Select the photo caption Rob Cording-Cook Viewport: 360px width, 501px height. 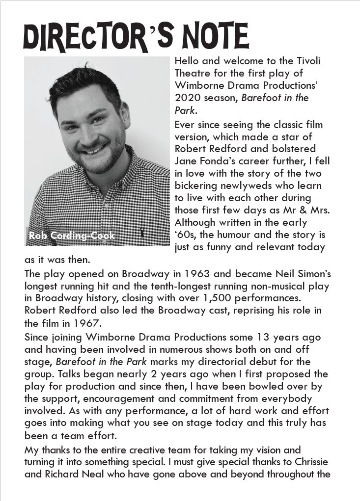72,236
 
